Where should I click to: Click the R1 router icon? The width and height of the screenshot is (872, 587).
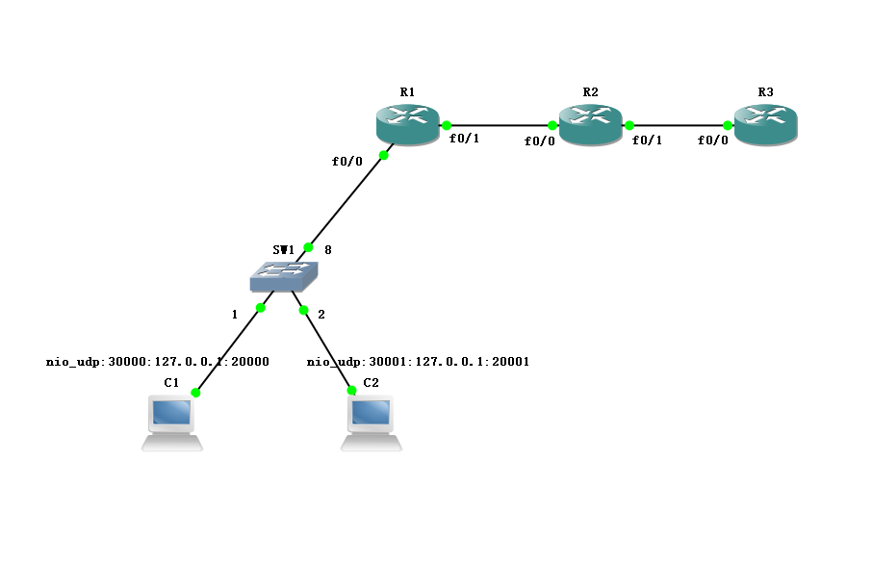point(407,125)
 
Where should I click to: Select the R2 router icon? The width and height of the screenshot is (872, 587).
point(590,125)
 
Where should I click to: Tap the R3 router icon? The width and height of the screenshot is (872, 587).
point(765,125)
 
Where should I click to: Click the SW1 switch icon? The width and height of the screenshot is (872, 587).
point(283,276)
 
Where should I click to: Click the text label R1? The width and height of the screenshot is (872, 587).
point(407,92)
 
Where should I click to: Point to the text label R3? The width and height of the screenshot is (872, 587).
point(765,92)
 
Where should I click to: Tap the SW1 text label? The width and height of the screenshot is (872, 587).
point(283,249)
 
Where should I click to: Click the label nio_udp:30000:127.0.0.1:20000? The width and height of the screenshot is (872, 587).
point(158,363)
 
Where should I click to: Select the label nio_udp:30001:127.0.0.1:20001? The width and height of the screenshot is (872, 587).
point(419,363)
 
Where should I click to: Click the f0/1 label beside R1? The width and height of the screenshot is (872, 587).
point(464,139)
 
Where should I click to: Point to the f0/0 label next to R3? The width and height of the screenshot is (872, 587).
point(713,140)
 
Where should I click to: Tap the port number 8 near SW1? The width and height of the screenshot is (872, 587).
point(328,250)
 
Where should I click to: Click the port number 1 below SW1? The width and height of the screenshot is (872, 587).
point(234,315)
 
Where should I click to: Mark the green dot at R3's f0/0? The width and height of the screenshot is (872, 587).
point(729,125)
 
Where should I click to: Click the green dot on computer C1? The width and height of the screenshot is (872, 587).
point(195,393)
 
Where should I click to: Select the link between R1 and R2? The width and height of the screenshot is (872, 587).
point(500,125)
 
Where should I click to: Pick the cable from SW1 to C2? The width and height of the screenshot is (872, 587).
point(327,350)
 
